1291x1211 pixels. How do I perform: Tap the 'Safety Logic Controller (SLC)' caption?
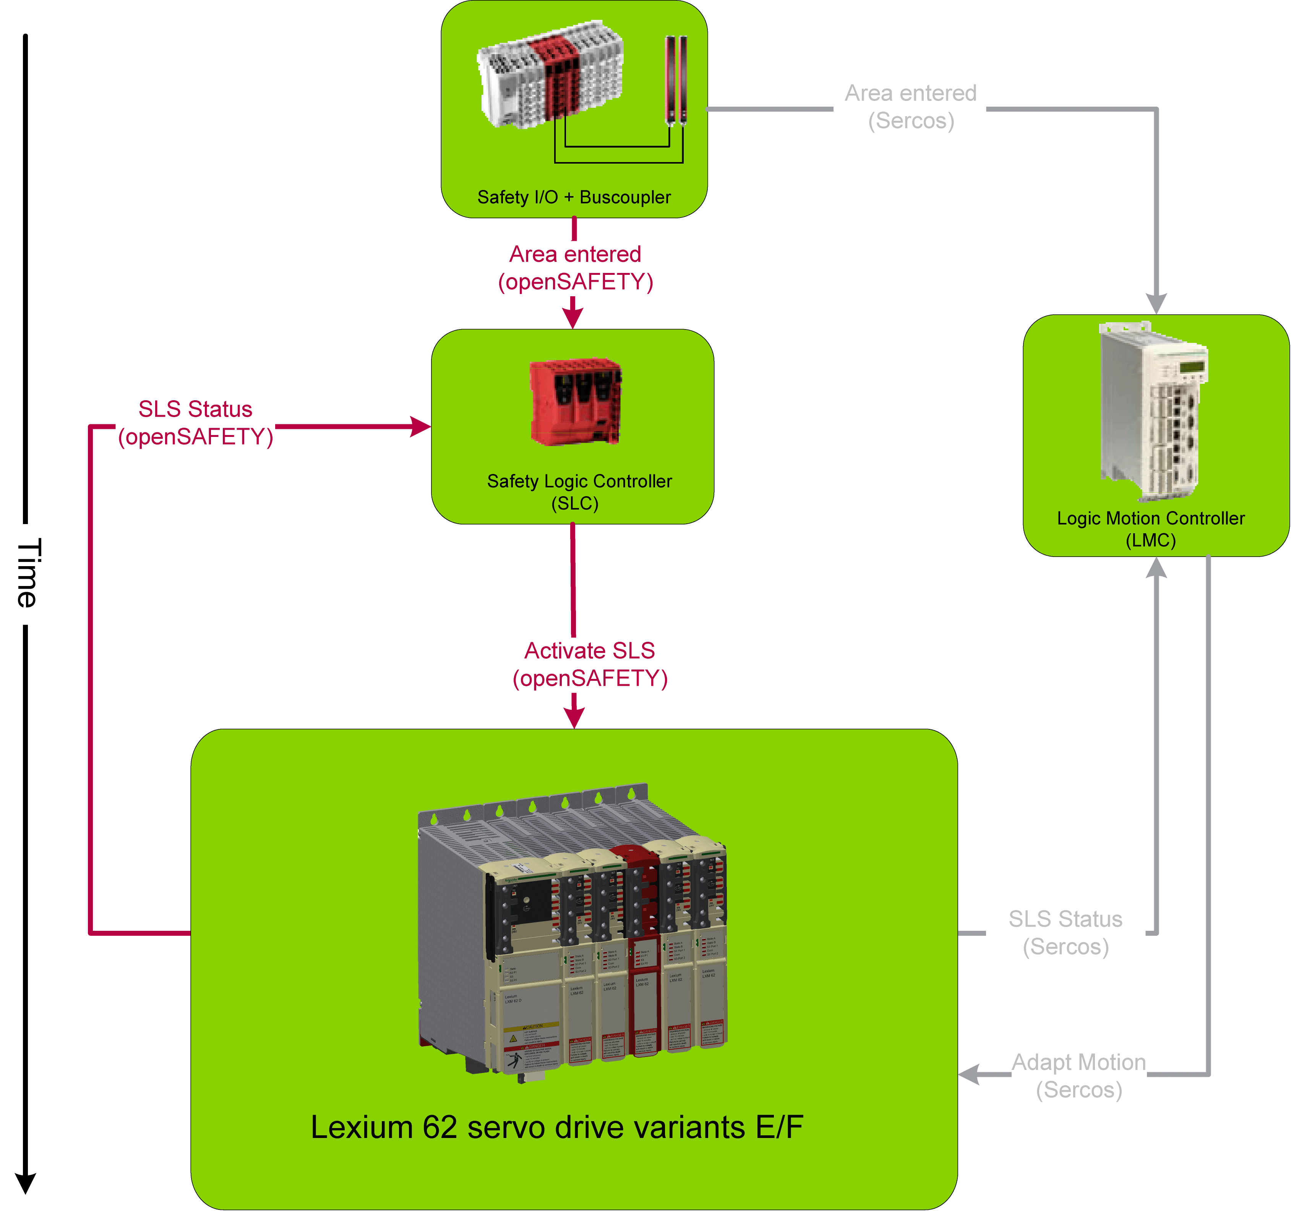[x=579, y=492]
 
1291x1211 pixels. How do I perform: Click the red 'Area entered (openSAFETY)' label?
[x=575, y=268]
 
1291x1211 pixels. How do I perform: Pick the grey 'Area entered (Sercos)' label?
[x=910, y=107]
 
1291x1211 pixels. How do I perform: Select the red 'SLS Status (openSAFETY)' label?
[x=195, y=423]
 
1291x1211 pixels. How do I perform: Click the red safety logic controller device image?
[x=575, y=401]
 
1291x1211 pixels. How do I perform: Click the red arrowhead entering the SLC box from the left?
[x=421, y=427]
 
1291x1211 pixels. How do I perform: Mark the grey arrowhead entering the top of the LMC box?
[x=1156, y=304]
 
